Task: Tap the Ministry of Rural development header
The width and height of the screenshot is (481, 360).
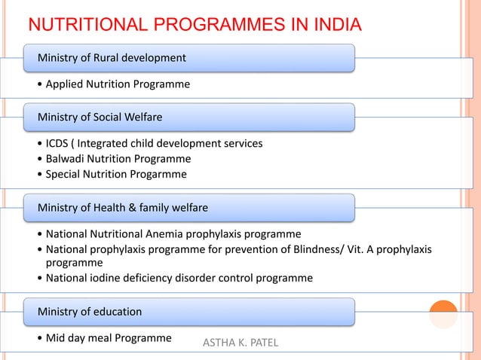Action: point(107,57)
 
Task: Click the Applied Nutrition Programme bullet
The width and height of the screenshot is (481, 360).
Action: point(113,84)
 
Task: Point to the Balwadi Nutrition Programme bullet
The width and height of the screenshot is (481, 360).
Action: point(114,159)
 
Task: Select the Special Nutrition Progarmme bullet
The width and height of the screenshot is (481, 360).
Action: point(112,174)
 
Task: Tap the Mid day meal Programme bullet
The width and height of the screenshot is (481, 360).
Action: point(104,337)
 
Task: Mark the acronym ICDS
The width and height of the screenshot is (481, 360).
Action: point(59,143)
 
